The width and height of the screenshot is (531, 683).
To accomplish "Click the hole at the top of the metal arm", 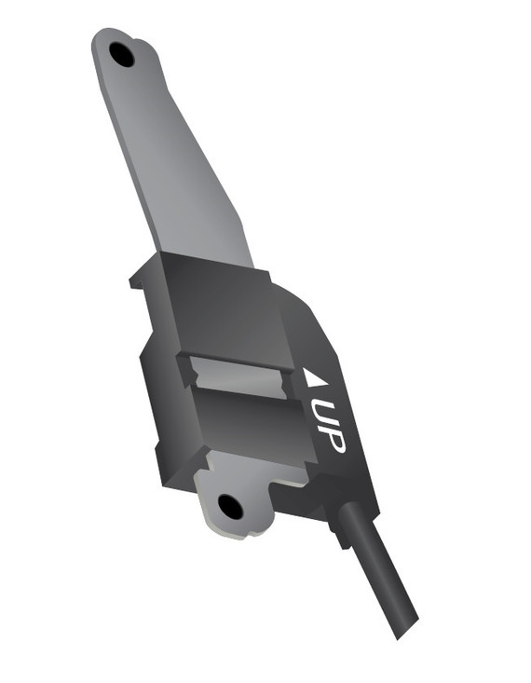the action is (121, 55).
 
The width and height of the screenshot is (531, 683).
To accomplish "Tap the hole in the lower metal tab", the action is (230, 507).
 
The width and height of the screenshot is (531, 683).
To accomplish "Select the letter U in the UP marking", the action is (323, 416).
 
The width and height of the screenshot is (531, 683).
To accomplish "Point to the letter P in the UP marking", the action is (332, 442).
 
